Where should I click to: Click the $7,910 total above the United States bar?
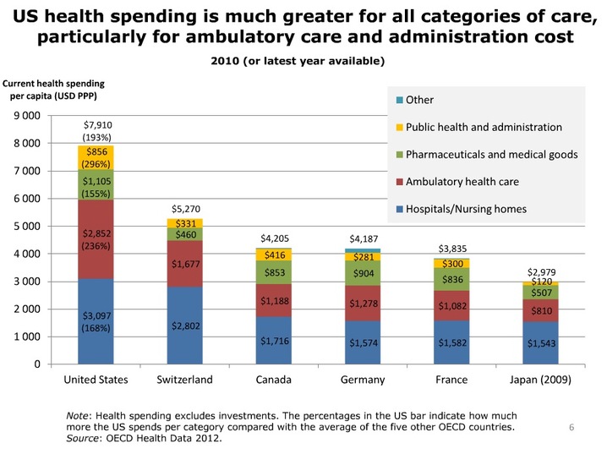pos(98,125)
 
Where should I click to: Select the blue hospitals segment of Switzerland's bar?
pos(184,326)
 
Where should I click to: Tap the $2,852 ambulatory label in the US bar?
pos(96,233)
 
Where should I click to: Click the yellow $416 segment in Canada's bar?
pos(274,255)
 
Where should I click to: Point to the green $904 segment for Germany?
pos(363,273)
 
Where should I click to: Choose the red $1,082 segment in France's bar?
pos(451,305)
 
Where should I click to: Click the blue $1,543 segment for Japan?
pos(540,343)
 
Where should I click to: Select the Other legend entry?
pos(415,100)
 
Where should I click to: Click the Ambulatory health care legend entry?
pos(457,182)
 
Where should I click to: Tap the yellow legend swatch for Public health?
pos(400,128)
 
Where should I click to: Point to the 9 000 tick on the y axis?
pos(27,116)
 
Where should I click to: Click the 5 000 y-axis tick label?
pos(27,226)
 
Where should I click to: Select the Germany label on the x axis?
pos(363,380)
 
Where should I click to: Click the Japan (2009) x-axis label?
pos(540,380)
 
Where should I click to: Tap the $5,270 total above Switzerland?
pos(186,209)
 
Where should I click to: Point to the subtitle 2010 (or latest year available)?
pos(298,61)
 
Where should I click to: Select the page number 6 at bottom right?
pos(571,427)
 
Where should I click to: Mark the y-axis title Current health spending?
pos(53,84)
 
